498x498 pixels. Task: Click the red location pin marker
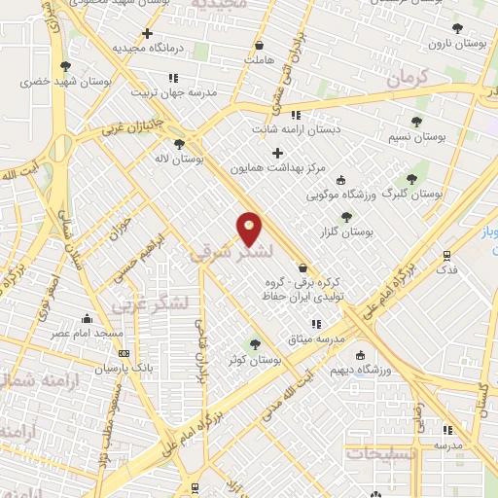point(250,229)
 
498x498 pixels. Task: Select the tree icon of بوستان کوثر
point(256,343)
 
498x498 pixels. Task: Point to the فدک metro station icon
point(446,256)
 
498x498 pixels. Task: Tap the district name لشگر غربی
point(145,304)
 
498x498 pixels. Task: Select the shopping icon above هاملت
point(259,45)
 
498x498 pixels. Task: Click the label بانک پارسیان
point(124,369)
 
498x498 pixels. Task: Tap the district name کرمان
point(407,79)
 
